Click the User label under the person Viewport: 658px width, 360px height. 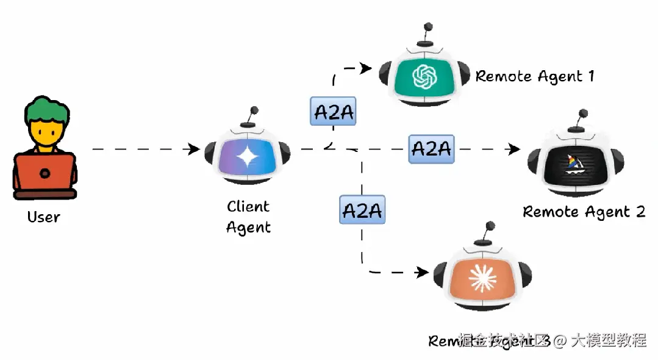[44, 217]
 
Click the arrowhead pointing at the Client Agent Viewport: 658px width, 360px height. [195, 149]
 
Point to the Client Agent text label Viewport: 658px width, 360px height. [248, 217]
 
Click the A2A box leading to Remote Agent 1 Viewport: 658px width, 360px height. [332, 112]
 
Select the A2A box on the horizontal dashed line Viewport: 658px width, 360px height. [431, 149]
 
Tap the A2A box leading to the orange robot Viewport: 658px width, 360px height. [362, 211]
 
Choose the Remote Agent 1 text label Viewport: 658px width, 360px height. [534, 76]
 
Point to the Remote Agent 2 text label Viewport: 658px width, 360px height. [584, 212]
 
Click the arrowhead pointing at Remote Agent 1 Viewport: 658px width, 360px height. [366, 68]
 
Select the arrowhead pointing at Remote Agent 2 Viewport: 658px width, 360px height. [515, 149]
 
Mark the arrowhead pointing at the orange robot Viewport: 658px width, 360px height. [422, 272]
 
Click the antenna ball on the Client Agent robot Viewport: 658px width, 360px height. [254, 110]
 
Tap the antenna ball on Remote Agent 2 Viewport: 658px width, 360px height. [583, 113]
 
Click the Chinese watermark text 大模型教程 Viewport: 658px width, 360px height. [608, 340]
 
